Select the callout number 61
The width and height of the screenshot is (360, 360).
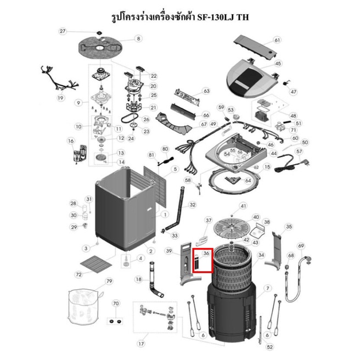pyautogui.click(x=277, y=40)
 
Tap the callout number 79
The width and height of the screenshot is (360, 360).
pyautogui.click(x=109, y=282)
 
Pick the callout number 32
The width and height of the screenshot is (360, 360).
pyautogui.click(x=192, y=205)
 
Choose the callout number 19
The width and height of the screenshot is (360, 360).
pyautogui.click(x=61, y=98)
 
